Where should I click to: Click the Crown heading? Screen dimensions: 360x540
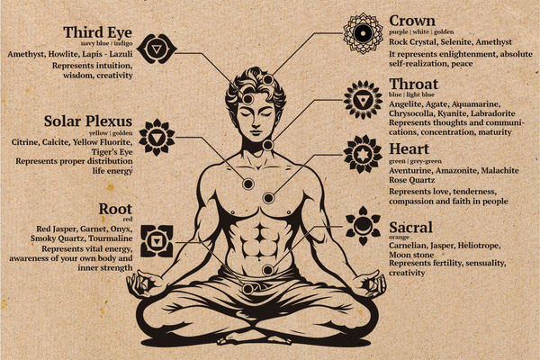coord(412,20)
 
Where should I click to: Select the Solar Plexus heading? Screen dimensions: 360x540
coord(88,121)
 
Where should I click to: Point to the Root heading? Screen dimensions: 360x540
coord(115,210)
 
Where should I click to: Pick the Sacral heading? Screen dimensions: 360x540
coord(411,228)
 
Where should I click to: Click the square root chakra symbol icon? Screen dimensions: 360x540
coord(162,241)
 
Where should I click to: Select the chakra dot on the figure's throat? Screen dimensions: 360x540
coord(267,145)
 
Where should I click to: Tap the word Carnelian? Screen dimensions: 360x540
coord(409,244)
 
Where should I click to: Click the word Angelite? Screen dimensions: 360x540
coord(405,103)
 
